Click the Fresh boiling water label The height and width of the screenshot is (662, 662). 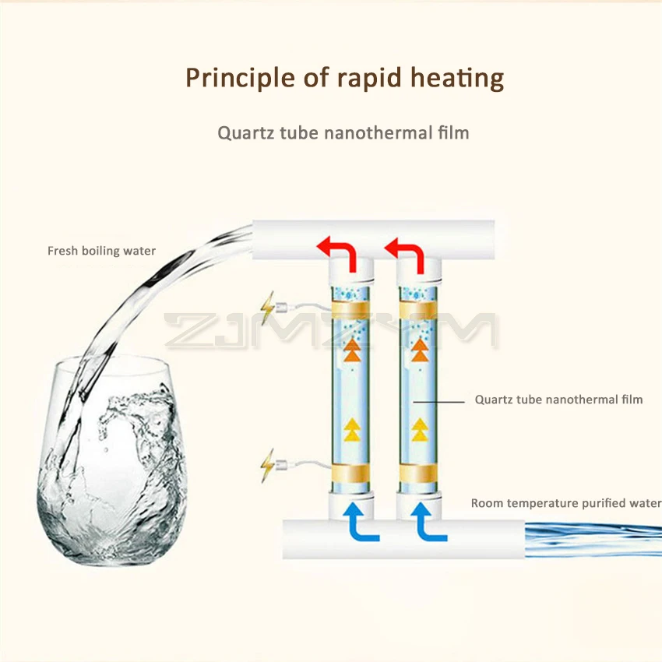coord(101,251)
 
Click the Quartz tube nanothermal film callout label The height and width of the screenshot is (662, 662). coord(558,400)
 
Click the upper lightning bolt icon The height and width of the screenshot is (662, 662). coord(269,310)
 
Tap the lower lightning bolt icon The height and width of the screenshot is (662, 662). coord(269,466)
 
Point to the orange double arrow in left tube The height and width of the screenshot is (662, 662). coord(352,350)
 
